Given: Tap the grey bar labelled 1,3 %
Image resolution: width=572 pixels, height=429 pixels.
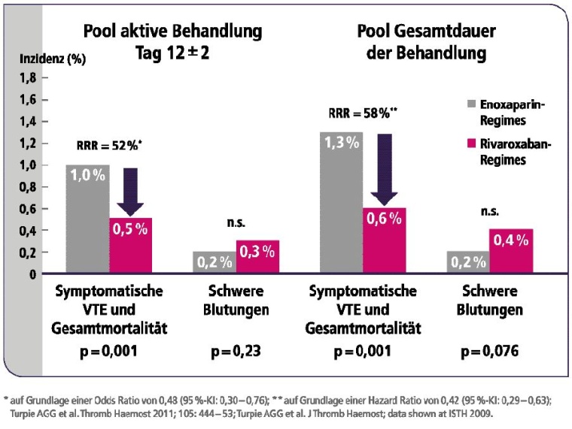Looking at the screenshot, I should [x=341, y=203].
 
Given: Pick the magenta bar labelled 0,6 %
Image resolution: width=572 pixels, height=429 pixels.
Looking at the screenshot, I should [x=385, y=240].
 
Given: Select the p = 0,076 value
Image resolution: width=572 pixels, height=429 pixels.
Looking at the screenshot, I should [x=489, y=350].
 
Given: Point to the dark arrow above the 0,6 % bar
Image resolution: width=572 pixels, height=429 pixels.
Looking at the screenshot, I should [x=385, y=169].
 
